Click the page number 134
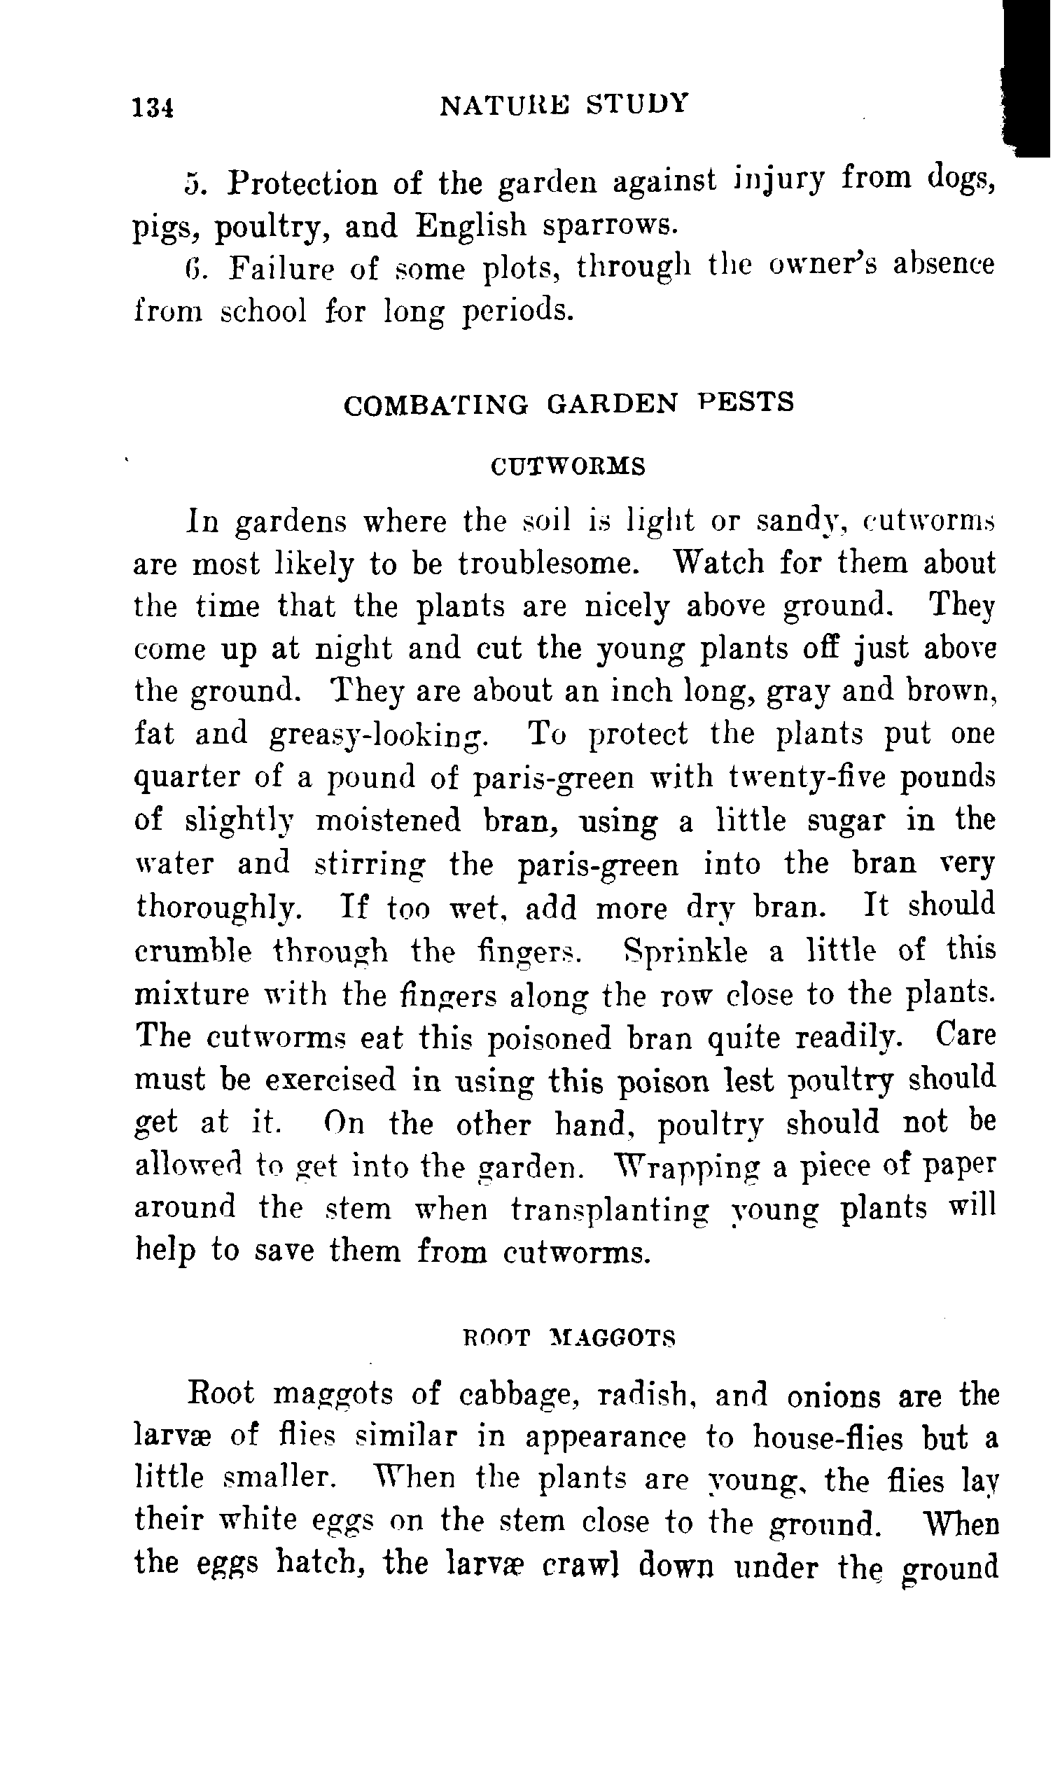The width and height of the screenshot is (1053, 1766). (153, 108)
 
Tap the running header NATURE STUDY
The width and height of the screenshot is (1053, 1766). (564, 104)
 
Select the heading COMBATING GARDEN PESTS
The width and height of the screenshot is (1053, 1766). (569, 404)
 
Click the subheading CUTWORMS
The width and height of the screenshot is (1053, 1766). (569, 467)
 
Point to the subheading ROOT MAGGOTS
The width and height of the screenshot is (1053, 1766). (569, 1337)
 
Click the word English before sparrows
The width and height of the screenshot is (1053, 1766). (471, 225)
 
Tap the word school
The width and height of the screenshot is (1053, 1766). (264, 310)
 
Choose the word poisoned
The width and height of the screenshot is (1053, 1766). (550, 1038)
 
